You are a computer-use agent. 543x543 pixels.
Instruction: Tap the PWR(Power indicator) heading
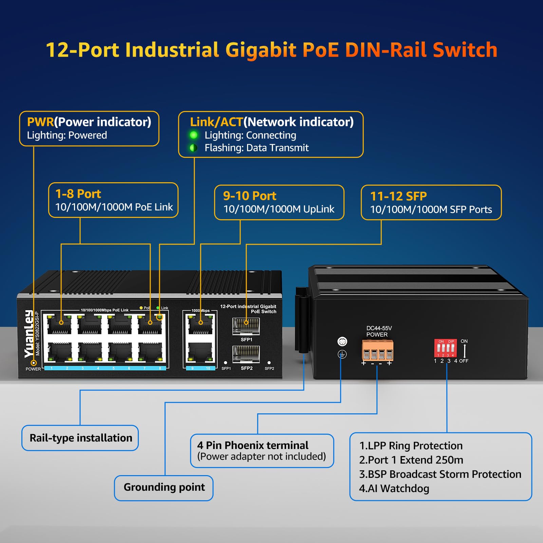tap(89, 122)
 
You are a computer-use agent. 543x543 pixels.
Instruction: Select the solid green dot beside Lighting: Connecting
tap(193, 135)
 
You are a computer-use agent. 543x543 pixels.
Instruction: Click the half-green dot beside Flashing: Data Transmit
tap(193, 148)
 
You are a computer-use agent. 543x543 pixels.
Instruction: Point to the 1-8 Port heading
tap(78, 194)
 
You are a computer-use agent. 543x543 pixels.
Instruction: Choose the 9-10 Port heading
tap(249, 196)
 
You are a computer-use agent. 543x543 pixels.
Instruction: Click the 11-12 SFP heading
tap(398, 196)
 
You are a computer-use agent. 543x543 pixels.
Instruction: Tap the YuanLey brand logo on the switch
tap(29, 334)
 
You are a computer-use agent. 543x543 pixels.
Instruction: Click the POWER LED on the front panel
tap(34, 363)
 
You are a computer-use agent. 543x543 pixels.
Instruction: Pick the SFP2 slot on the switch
tap(246, 354)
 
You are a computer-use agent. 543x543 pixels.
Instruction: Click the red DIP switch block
tap(445, 348)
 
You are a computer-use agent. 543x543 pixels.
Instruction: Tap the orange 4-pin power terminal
tap(377, 351)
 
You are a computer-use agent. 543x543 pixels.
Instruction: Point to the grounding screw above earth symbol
tap(342, 341)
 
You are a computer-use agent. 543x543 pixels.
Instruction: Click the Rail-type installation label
tap(80, 438)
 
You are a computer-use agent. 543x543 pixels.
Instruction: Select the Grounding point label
tap(164, 487)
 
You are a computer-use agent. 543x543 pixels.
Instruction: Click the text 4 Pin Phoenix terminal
tap(252, 445)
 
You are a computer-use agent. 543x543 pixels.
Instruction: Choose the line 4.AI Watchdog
tap(394, 488)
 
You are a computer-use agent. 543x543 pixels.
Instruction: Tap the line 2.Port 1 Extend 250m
tap(411, 460)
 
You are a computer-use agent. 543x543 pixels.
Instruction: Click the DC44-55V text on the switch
tap(379, 328)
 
